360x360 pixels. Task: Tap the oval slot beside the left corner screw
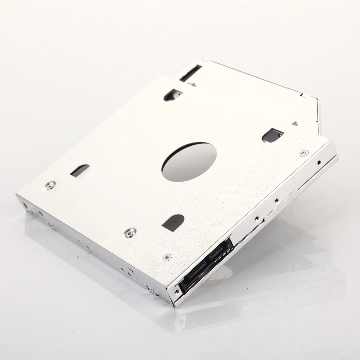pos(80,170)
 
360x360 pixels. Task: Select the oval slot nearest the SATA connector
pos(173,222)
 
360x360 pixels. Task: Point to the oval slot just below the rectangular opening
pos(173,94)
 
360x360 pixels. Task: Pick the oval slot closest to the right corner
pos(273,135)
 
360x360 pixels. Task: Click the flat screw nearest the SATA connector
pos(167,257)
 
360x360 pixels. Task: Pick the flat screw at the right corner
pos(303,153)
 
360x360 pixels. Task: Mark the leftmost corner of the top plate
pos(17,195)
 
